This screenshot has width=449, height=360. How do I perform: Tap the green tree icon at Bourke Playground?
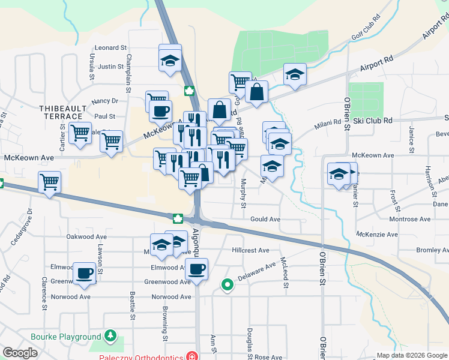coord(110,336)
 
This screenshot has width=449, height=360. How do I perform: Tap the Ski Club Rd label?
coord(372,121)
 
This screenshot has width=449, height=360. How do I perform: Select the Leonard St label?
coord(112,47)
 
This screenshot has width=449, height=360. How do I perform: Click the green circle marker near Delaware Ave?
coord(227,285)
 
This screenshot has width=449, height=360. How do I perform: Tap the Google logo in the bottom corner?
coord(20,352)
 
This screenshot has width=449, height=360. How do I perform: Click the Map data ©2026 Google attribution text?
coord(411,355)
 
